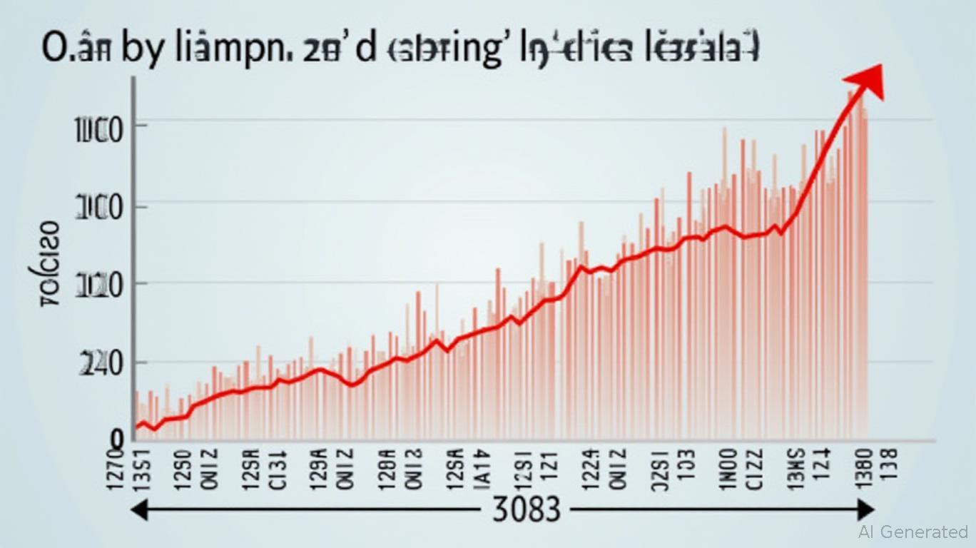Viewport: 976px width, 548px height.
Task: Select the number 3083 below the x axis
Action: click(527, 511)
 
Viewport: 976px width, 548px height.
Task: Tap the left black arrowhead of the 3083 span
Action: click(137, 509)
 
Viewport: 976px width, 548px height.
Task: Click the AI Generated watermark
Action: click(913, 532)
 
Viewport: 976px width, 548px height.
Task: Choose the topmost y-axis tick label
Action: click(101, 133)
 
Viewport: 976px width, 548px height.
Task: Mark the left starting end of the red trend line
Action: click(137, 427)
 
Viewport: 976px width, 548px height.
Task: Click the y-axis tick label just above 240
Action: click(101, 287)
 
